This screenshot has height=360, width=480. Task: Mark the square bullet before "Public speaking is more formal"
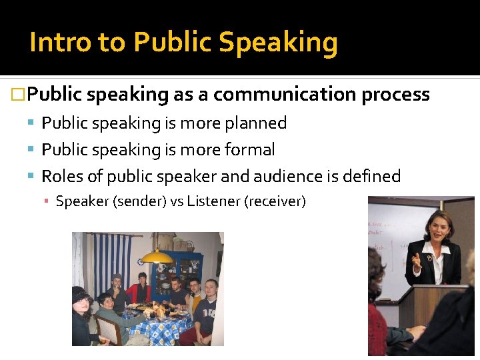pos(32,150)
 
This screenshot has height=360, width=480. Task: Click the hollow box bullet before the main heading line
pos(19,95)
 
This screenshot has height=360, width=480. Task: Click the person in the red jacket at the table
pos(140,291)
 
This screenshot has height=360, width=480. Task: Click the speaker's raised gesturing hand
pos(416,260)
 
